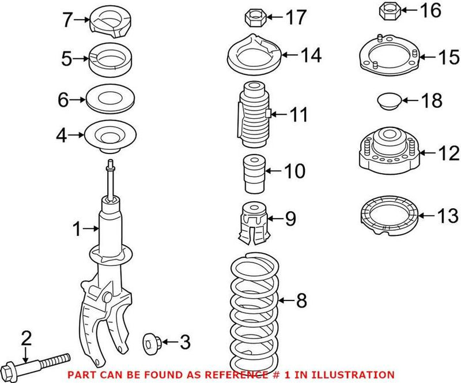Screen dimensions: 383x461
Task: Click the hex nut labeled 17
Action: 255,18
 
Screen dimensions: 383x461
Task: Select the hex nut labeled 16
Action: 389,11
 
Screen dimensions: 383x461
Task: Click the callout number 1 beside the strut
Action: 77,230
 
